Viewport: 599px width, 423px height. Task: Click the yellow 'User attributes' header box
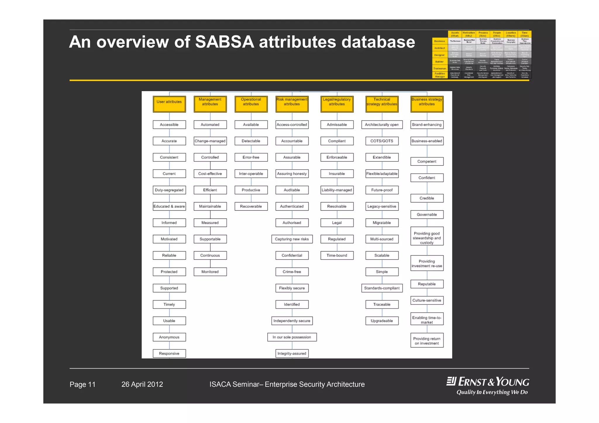pyautogui.click(x=169, y=104)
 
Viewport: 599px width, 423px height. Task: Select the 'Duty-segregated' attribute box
pyautogui.click(x=169, y=190)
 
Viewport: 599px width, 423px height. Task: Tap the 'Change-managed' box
pyautogui.click(x=210, y=141)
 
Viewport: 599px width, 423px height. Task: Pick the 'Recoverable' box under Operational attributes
pyautogui.click(x=251, y=206)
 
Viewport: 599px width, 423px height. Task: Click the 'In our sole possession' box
pyautogui.click(x=292, y=337)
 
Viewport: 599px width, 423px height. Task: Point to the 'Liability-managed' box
pyautogui.click(x=337, y=190)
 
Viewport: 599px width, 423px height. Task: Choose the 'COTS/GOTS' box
pyautogui.click(x=382, y=141)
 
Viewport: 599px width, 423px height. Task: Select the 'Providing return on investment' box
pyautogui.click(x=427, y=341)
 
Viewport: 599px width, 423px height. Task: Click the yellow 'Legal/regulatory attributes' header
pyautogui.click(x=337, y=104)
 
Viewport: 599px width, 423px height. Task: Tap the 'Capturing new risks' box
pyautogui.click(x=292, y=239)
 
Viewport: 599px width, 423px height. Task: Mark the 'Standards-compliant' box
pyautogui.click(x=382, y=288)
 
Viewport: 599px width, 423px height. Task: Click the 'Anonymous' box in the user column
pyautogui.click(x=169, y=337)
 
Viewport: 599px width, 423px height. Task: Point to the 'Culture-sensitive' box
pyautogui.click(x=427, y=300)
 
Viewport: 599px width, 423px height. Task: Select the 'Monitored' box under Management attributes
pyautogui.click(x=210, y=272)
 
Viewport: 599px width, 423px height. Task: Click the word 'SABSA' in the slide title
pyautogui.click(x=225, y=42)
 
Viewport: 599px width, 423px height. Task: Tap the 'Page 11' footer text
pyautogui.click(x=82, y=384)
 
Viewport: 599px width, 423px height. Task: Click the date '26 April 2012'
pyautogui.click(x=142, y=384)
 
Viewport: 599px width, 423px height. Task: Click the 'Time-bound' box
pyautogui.click(x=337, y=255)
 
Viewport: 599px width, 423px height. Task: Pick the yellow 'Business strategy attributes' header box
pyautogui.click(x=427, y=104)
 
